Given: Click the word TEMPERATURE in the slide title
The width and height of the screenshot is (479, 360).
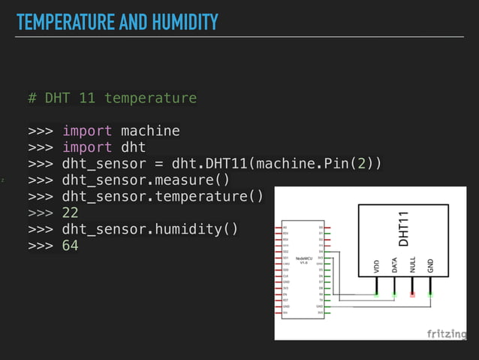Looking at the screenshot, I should [65, 23].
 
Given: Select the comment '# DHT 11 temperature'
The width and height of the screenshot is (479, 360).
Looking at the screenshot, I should [112, 98].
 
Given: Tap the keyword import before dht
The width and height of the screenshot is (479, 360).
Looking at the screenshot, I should [86, 147].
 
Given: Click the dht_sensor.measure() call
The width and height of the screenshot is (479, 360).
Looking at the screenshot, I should [146, 180].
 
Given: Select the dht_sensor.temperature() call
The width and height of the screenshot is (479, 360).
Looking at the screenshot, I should [162, 197].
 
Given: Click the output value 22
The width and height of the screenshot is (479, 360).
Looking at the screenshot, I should [70, 213].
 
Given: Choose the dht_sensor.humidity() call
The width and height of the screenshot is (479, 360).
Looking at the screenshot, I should [149, 229].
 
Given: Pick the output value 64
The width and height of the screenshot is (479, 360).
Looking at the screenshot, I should [70, 246].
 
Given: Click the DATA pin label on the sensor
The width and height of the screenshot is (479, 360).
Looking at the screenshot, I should [394, 267].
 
